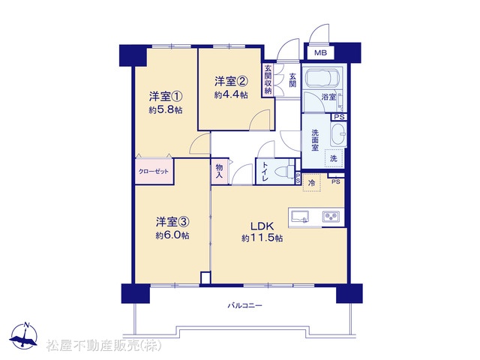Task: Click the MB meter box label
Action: pyautogui.click(x=320, y=52)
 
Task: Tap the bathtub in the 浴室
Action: pyautogui.click(x=322, y=78)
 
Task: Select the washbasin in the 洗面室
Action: pyautogui.click(x=338, y=135)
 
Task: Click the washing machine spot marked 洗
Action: pyautogui.click(x=333, y=158)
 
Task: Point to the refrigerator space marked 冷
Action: pyautogui.click(x=312, y=183)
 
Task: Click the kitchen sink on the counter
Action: pyautogui.click(x=300, y=217)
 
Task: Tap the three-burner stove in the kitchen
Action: pyautogui.click(x=331, y=217)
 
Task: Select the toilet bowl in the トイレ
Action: pyautogui.click(x=284, y=172)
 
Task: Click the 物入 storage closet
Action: pyautogui.click(x=220, y=172)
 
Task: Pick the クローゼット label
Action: pyautogui.click(x=154, y=172)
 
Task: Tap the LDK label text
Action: pyautogui.click(x=262, y=226)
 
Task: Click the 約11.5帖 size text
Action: pyautogui.click(x=262, y=238)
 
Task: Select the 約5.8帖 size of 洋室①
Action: pyautogui.click(x=165, y=110)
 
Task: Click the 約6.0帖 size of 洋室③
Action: pyautogui.click(x=172, y=235)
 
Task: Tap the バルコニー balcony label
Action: pyautogui.click(x=244, y=305)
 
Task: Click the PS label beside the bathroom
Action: pyautogui.click(x=339, y=117)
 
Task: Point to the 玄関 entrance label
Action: pyautogui.click(x=292, y=79)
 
